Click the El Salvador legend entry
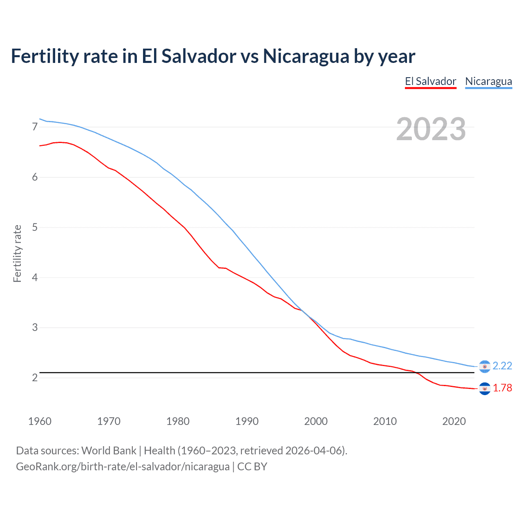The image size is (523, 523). coord(430,81)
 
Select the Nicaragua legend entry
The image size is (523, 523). coord(488,81)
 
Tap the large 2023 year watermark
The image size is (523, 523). coord(431,129)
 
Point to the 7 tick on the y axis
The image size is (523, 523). coord(35,127)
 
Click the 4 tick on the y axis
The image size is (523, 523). coord(35,277)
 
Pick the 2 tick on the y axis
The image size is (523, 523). coord(35,378)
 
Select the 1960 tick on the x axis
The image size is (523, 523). coord(40,421)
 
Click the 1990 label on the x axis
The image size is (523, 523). coord(247,421)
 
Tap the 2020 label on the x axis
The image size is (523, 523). coord(454,421)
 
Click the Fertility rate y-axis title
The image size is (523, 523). coord(17,253)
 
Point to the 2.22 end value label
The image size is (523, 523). coord(502,366)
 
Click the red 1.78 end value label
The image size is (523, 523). coord(502,388)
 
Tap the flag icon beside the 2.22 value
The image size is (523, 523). coord(485,367)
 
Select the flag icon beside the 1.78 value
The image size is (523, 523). coord(485,389)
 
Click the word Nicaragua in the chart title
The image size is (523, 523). coord(306,56)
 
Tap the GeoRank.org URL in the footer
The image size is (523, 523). coord(123,467)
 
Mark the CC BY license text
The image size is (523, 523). coord(252,467)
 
